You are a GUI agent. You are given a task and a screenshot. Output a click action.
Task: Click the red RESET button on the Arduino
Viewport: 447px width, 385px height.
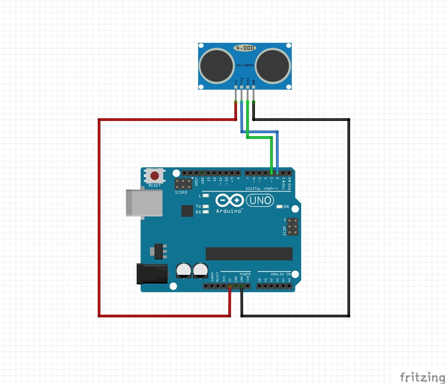pyautogui.click(x=155, y=176)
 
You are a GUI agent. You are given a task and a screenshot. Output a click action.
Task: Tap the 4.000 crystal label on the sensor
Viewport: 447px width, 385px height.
pyautogui.click(x=244, y=48)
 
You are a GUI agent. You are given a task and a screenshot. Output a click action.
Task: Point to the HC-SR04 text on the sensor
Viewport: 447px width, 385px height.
pyautogui.click(x=244, y=65)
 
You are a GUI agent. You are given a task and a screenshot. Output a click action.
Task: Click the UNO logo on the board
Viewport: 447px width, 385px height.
pyautogui.click(x=260, y=200)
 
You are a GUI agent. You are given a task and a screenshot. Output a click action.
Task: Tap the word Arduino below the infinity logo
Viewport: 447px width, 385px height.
pyautogui.click(x=229, y=211)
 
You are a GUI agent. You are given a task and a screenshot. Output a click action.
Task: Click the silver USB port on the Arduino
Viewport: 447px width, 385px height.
pyautogui.click(x=144, y=203)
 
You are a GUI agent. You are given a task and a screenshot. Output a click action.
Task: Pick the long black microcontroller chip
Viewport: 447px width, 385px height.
pyautogui.click(x=249, y=254)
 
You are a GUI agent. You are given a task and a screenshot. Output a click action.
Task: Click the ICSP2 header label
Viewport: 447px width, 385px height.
pyautogui.click(x=180, y=192)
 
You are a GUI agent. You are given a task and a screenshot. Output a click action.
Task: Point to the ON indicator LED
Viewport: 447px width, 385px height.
pyautogui.click(x=279, y=206)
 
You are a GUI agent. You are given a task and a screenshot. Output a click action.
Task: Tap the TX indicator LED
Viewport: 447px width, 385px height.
pyautogui.click(x=206, y=206)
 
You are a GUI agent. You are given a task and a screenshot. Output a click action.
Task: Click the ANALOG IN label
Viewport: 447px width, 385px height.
pyautogui.click(x=280, y=274)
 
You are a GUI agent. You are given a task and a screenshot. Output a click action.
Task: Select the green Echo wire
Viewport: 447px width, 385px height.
pyautogui.click(x=260, y=137)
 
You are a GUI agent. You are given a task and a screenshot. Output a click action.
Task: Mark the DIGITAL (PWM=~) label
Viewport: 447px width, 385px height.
pyautogui.click(x=262, y=189)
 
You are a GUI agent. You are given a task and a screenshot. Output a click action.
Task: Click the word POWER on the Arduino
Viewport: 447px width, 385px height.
pyautogui.click(x=245, y=274)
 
